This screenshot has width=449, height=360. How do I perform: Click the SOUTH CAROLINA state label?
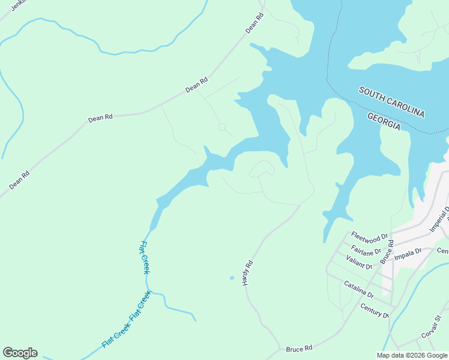[x=392, y=102]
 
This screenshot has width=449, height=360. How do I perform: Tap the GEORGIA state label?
[x=384, y=120]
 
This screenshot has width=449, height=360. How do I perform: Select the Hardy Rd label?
[x=248, y=272]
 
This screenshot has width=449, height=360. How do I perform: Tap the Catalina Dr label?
[x=359, y=289]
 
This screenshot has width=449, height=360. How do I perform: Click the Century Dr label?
[x=375, y=311]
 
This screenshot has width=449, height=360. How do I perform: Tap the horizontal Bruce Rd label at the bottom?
[x=299, y=348]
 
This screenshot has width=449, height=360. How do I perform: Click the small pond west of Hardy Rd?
[x=232, y=278]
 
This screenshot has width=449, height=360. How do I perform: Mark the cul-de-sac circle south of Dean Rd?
[x=221, y=127]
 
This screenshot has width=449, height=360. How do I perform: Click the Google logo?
[x=20, y=353]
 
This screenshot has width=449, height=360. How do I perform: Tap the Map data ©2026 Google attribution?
[x=412, y=355]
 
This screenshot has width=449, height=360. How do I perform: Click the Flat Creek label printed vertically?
[x=145, y=257]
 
